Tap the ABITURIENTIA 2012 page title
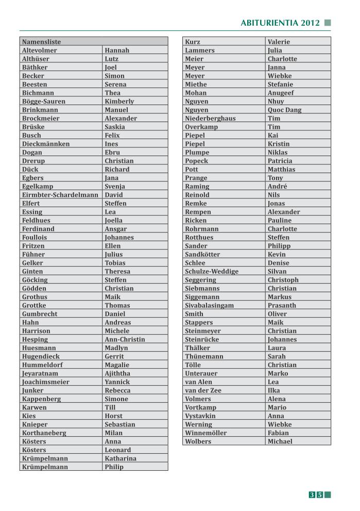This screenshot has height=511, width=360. pyautogui.click(x=280, y=23)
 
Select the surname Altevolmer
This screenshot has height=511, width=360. pyautogui.click(x=40, y=50)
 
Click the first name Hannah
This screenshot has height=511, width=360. pyautogui.click(x=117, y=50)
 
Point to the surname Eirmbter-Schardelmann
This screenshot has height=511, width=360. pyautogui.click(x=60, y=195)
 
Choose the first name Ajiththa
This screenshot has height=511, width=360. pyautogui.click(x=117, y=373)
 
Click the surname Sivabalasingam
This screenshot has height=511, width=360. pyautogui.click(x=209, y=305)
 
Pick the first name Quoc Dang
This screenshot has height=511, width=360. pyautogui.click(x=284, y=110)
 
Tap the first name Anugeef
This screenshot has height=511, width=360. pyautogui.click(x=281, y=93)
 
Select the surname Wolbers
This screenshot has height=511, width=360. pyautogui.click(x=198, y=441)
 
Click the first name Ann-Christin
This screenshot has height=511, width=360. pyautogui.click(x=125, y=339)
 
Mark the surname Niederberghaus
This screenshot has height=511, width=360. pyautogui.click(x=210, y=118)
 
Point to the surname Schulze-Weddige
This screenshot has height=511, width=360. pyautogui.click(x=212, y=271)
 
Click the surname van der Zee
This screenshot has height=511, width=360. pyautogui.click(x=203, y=390)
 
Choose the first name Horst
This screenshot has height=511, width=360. pyautogui.click(x=113, y=416)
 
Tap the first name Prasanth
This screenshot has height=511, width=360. pyautogui.click(x=282, y=305)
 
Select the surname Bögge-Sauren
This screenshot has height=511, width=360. pyautogui.click(x=44, y=101)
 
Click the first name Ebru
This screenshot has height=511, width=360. pyautogui.click(x=112, y=152)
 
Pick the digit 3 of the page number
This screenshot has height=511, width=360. pyautogui.click(x=312, y=495)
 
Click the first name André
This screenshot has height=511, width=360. pyautogui.click(x=277, y=186)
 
